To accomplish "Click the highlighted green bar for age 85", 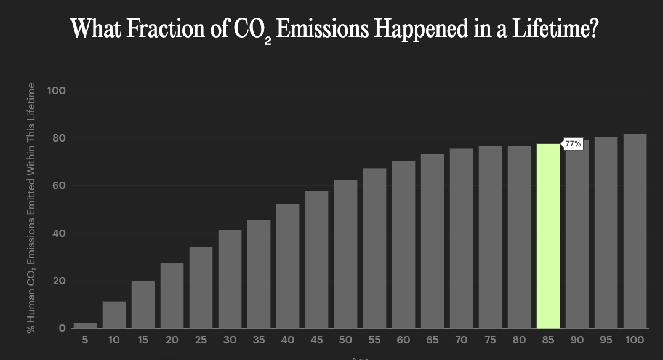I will point(548,236).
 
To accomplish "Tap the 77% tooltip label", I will point(573,143).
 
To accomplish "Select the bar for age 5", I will point(85,325).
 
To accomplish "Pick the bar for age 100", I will point(635,231).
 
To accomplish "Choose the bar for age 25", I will point(201,287).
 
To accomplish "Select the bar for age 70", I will point(461,238).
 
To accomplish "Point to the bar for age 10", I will point(114,314).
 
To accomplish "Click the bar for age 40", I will point(287,266).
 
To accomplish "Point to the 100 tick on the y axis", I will point(56,90).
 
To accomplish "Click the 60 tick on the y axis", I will point(58,186).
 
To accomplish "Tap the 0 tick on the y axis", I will point(62,329).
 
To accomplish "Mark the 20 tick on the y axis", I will point(58,281).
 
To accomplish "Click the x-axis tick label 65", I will point(432,340).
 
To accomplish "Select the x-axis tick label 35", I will point(259,340).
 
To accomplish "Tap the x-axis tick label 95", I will point(606,340).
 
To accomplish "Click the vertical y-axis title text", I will point(31,208).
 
